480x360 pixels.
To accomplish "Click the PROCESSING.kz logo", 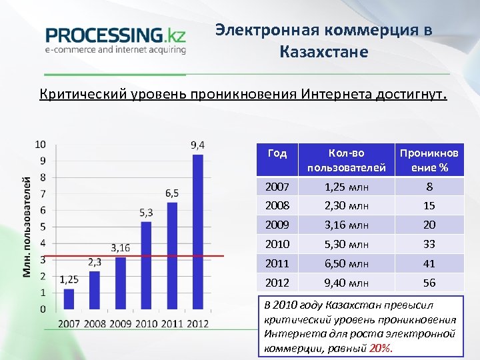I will pyautogui.click(x=115, y=39).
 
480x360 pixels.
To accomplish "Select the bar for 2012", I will pyautogui.click(x=197, y=232).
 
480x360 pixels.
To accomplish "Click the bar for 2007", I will pyautogui.click(x=69, y=299).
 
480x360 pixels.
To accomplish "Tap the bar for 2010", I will pyautogui.click(x=146, y=265).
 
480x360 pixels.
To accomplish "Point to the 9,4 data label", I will pyautogui.click(x=197, y=145).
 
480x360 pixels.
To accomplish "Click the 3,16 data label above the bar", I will pyautogui.click(x=121, y=247).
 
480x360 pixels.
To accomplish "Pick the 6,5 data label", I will pyautogui.click(x=171, y=193).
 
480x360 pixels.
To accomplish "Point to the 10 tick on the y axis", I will pyautogui.click(x=41, y=144).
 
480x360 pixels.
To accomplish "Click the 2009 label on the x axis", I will pyautogui.click(x=121, y=323).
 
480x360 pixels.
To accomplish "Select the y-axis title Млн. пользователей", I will pyautogui.click(x=27, y=227).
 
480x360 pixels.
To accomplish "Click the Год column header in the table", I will pyautogui.click(x=277, y=153).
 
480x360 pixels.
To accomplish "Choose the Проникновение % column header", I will pyautogui.click(x=429, y=160).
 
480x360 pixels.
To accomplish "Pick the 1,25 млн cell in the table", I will pyautogui.click(x=347, y=187).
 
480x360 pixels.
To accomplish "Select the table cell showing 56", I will pyautogui.click(x=429, y=283).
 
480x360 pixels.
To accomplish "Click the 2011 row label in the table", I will pyautogui.click(x=278, y=263).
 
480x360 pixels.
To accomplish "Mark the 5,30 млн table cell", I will pyautogui.click(x=347, y=244).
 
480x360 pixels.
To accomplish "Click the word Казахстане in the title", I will pyautogui.click(x=324, y=51).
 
